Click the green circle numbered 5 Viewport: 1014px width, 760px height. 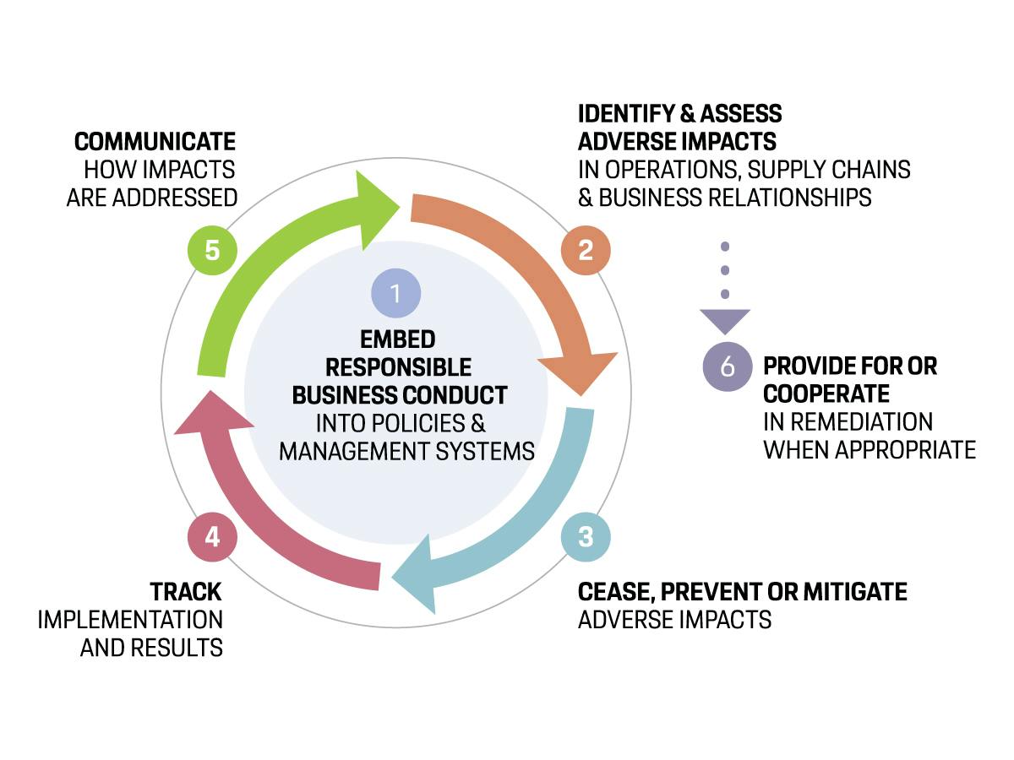[212, 250]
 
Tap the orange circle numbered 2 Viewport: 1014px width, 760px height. [586, 250]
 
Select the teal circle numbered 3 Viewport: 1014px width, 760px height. [586, 537]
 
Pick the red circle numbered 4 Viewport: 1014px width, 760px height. [212, 537]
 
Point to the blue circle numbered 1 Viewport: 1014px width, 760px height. [396, 293]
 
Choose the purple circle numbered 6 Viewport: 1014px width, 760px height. [728, 366]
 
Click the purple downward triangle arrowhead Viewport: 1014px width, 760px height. [725, 320]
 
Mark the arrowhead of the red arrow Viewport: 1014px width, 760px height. [214, 414]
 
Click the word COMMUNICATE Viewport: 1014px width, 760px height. [155, 141]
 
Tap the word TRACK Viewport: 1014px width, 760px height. [186, 592]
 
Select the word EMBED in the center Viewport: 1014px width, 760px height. [397, 339]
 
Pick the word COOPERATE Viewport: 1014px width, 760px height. [826, 394]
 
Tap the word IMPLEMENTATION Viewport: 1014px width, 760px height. [130, 620]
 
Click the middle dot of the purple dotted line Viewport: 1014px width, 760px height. [725, 270]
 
